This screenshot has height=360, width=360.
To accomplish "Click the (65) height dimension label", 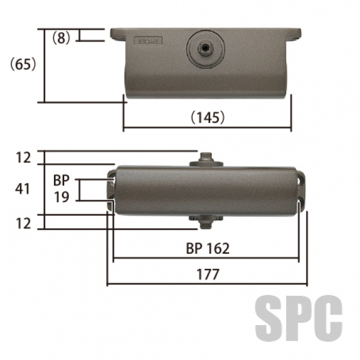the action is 23,64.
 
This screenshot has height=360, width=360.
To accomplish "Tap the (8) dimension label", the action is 61,38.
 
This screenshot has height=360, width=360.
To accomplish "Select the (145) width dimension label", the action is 208,118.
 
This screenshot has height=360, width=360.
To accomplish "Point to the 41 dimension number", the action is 23,190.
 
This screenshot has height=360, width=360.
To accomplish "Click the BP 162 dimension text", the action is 208,248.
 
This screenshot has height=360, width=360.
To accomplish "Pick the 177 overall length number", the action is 208,274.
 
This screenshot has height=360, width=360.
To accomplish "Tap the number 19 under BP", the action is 61,197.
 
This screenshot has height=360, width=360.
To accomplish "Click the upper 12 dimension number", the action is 23,158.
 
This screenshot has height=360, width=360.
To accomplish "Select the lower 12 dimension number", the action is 23,223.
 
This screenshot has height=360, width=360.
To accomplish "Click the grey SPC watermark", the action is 299,318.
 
